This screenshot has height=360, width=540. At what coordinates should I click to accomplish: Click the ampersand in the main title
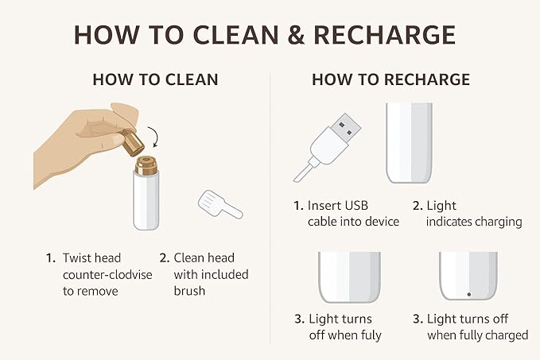tap(296, 35)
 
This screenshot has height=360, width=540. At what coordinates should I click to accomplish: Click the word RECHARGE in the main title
tap(385, 35)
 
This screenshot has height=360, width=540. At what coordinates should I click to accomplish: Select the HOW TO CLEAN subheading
tap(155, 79)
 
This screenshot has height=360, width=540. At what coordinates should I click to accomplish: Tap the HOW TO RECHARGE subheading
tap(390, 79)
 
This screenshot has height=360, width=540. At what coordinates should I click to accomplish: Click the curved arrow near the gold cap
tap(154, 137)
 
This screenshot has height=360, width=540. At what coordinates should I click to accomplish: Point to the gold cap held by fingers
tap(132, 141)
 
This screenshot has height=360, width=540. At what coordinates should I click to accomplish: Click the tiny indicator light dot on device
tap(468, 295)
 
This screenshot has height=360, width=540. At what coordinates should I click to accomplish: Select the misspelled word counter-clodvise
tap(107, 275)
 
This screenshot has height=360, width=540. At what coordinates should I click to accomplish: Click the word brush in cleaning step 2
tap(189, 291)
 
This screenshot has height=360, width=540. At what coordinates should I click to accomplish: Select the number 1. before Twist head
tap(51, 258)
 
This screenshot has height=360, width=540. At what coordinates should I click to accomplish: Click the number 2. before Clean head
tap(165, 258)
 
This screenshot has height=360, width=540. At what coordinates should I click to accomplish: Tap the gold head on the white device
tap(146, 165)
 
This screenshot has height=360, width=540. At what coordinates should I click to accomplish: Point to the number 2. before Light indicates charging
tap(418, 206)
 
